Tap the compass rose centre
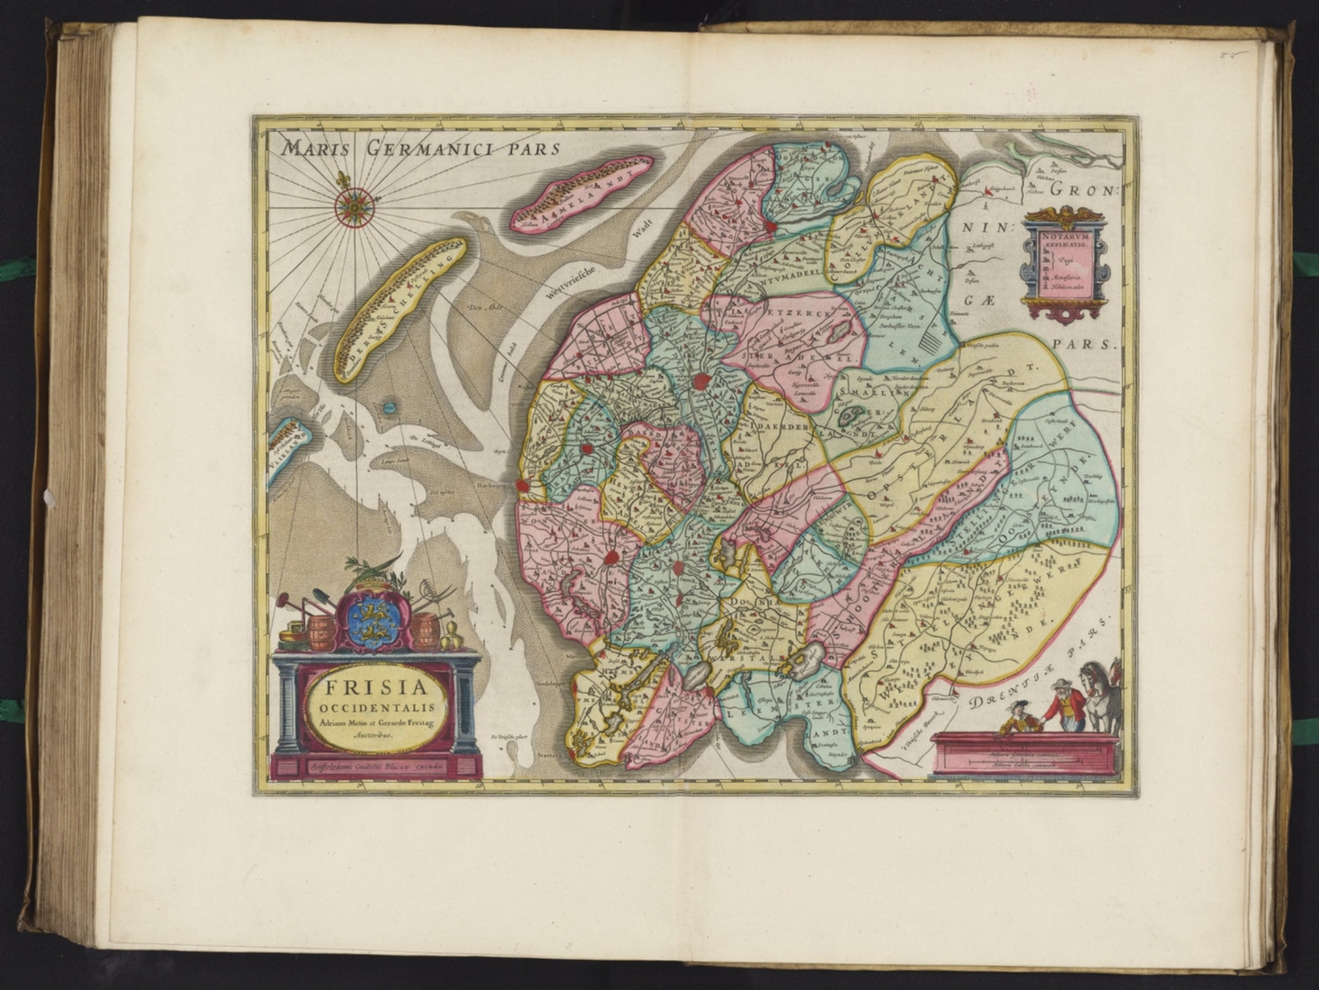pyautogui.click(x=350, y=206)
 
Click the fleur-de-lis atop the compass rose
pyautogui.click(x=349, y=182)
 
